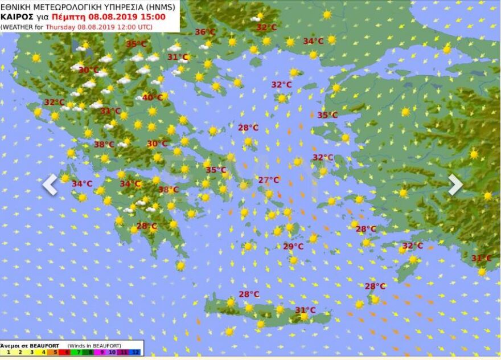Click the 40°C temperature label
click(x=153, y=97)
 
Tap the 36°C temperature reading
click(x=205, y=32)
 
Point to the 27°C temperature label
click(x=269, y=180)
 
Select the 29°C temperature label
click(x=293, y=247)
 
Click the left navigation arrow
click(x=50, y=185)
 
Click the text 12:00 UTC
click(x=132, y=27)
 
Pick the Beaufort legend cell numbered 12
click(x=135, y=353)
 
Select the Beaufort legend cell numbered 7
click(x=78, y=353)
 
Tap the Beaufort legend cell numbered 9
click(x=101, y=353)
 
